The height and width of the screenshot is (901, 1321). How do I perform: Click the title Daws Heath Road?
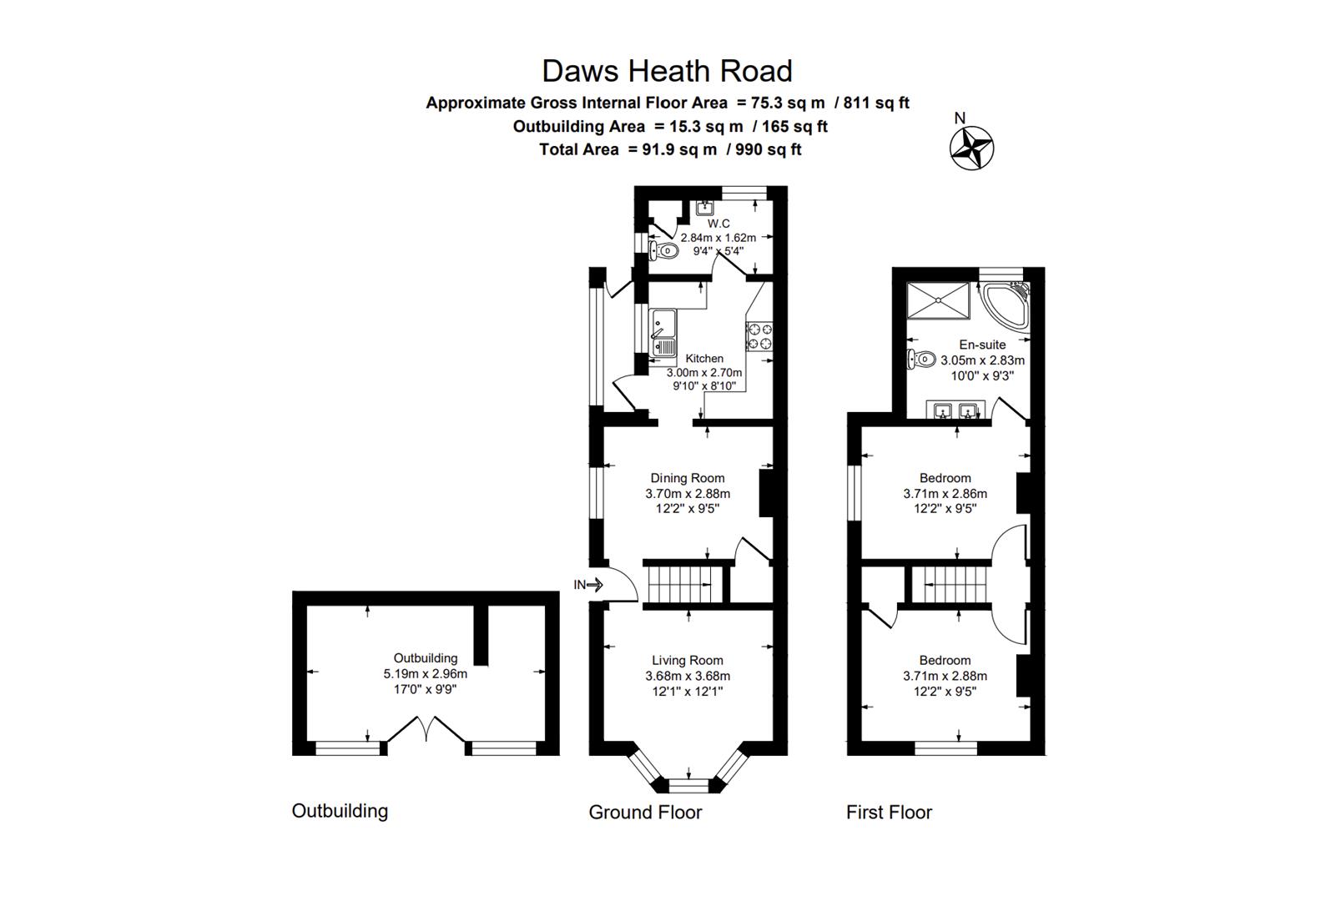tap(667, 71)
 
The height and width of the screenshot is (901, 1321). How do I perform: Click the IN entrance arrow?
tap(589, 585)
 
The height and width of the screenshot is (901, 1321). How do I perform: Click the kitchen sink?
tap(664, 333)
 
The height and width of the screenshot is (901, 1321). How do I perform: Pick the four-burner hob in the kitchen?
tap(759, 336)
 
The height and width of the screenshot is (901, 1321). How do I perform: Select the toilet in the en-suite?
tap(920, 360)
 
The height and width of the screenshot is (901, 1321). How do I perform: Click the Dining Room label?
tap(687, 478)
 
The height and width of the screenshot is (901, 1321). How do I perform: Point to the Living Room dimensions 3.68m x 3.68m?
tap(687, 676)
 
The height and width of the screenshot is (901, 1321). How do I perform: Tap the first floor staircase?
tap(949, 583)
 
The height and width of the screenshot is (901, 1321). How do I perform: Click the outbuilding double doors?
tap(426, 728)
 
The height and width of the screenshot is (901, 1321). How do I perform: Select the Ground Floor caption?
tap(645, 812)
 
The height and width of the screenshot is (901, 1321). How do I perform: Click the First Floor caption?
tap(889, 812)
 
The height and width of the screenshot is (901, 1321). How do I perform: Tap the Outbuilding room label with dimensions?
tap(425, 673)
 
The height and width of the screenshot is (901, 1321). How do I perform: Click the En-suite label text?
tap(982, 345)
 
